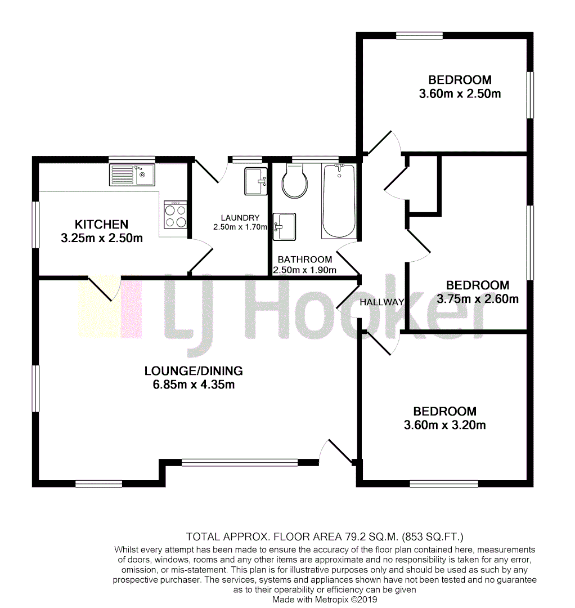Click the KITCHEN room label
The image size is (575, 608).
(x=102, y=224)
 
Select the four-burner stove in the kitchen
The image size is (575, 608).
(x=176, y=214)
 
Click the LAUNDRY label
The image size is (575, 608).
(x=240, y=218)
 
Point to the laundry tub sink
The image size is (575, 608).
(x=255, y=181)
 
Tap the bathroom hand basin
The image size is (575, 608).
(x=284, y=226)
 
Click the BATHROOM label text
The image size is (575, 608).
(x=304, y=260)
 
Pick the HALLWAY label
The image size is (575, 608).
(x=383, y=302)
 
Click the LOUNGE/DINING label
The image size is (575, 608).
(x=194, y=370)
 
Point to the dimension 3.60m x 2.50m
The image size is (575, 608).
(x=460, y=94)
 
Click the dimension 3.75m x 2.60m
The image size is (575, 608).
(x=478, y=299)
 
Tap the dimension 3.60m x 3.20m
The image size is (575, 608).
(x=444, y=425)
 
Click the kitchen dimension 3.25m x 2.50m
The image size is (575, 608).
(x=102, y=238)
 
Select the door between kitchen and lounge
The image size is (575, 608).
(x=104, y=289)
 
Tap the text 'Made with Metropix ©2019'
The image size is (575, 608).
(x=325, y=600)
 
